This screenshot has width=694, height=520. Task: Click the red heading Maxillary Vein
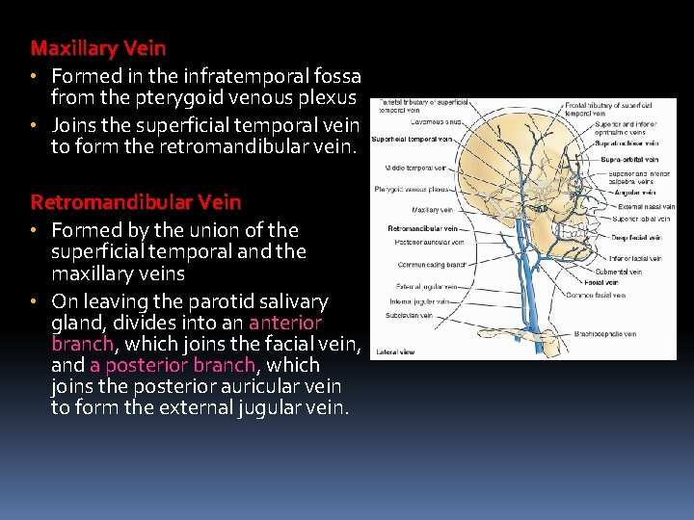[98, 47]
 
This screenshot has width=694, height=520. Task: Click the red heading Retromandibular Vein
[136, 202]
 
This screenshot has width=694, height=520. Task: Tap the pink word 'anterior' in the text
[285, 323]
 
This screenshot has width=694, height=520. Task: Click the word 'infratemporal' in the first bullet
[235, 75]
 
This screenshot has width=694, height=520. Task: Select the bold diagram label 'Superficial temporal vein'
[412, 139]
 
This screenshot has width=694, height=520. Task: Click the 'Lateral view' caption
[394, 351]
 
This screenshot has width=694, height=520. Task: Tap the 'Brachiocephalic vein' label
[604, 334]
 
